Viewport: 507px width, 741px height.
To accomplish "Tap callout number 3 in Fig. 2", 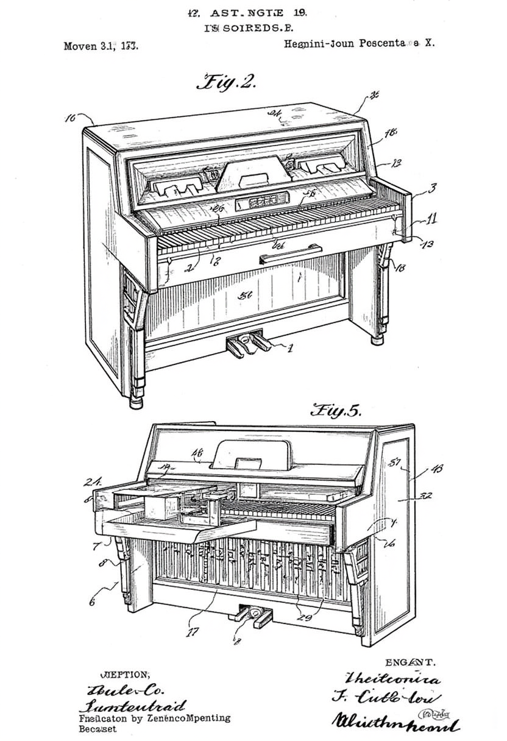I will [431, 188].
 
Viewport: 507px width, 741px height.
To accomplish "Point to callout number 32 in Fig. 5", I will [426, 496].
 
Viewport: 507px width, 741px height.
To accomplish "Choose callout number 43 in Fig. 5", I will [437, 469].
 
